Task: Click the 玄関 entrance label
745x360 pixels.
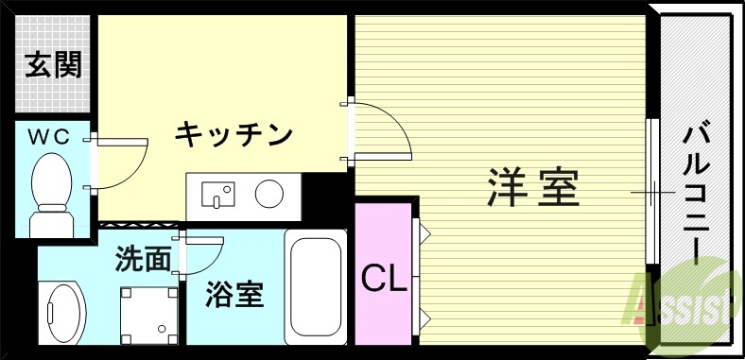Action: coord(53,65)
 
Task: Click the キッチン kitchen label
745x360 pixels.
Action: coord(233,135)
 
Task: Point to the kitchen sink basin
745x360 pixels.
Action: coord(221,196)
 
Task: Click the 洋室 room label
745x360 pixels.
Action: coord(533,187)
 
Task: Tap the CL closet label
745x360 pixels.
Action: coord(384,278)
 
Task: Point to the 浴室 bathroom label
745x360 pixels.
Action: coord(234,295)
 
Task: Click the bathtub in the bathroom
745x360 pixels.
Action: coord(315,288)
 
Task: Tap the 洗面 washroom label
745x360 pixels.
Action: coord(143,258)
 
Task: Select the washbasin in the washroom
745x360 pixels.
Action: coord(62,313)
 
